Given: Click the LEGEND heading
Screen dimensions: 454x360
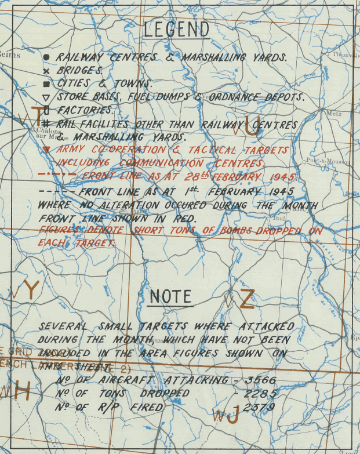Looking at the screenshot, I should [177, 29].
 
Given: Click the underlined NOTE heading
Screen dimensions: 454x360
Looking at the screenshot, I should [170, 297].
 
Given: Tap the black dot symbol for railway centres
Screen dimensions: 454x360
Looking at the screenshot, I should [46, 57].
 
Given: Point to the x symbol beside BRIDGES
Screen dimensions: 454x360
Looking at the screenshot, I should [46, 70].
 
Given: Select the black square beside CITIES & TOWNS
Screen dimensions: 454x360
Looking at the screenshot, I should [46, 83].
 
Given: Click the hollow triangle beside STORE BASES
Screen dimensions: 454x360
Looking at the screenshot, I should [46, 97].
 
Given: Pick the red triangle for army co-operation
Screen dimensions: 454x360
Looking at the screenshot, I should [46, 150].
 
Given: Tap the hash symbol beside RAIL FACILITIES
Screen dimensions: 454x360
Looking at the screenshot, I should [46, 124].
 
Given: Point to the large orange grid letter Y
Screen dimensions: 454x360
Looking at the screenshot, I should [31, 290].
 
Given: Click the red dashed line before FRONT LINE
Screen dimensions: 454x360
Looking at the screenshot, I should [56, 175].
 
